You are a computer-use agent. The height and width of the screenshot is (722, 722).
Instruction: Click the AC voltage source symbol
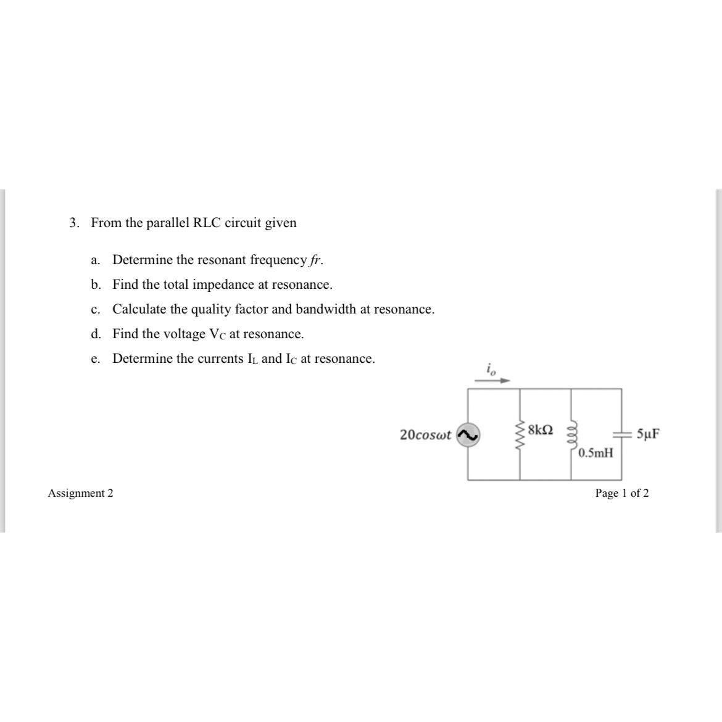coord(468,435)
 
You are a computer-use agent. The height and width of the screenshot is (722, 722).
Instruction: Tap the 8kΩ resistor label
coord(541,429)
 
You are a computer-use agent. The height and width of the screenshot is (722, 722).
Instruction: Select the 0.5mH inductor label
coord(596,453)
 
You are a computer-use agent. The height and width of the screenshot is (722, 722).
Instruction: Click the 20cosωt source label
coord(425,435)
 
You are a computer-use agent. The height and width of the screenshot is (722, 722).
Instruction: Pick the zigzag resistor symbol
coord(520,435)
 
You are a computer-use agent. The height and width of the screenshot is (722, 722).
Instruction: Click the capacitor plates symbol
coord(621,434)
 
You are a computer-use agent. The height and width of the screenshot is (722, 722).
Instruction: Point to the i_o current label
coord(491,370)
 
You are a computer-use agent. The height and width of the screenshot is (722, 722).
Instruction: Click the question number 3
coord(74,223)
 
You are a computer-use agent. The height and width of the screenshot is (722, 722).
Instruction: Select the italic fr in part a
coord(315,260)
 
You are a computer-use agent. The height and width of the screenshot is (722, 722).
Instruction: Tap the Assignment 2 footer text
coord(81,493)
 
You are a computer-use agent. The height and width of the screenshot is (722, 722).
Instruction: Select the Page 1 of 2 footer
coord(621,493)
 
